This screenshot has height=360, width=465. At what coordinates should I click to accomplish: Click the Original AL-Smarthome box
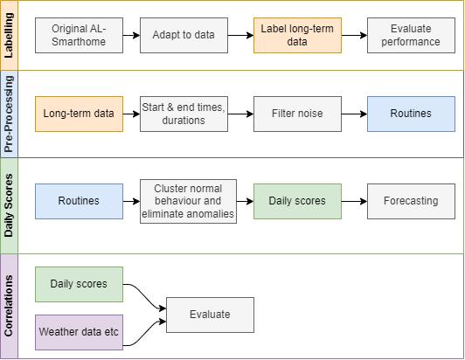[79, 35]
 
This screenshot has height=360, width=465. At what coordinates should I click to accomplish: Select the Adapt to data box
[184, 35]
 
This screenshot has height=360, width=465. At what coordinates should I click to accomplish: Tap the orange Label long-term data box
[297, 35]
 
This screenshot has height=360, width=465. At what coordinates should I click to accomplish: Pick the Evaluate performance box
[411, 35]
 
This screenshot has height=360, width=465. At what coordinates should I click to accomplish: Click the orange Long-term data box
[79, 114]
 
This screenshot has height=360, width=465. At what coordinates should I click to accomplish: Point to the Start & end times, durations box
[184, 114]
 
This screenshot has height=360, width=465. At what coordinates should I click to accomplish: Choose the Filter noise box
[297, 114]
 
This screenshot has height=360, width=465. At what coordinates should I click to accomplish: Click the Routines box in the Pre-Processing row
[411, 114]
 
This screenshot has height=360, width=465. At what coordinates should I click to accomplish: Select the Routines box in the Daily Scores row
[79, 201]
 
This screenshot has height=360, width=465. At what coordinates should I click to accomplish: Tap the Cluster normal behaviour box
[188, 201]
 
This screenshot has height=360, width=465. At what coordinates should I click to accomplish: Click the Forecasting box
[411, 201]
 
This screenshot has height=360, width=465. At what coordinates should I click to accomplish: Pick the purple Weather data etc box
[79, 332]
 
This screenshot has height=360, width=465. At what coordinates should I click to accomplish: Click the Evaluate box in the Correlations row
[210, 315]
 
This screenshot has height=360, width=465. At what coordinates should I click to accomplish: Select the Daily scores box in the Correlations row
[79, 284]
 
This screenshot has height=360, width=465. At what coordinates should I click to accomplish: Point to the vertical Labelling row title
[9, 35]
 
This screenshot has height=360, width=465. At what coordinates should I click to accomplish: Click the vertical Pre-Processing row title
[9, 114]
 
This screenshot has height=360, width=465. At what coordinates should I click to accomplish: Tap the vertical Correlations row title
[9, 306]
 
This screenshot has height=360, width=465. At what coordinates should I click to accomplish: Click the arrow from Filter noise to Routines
[354, 114]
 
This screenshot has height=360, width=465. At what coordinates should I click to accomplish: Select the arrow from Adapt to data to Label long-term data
[241, 35]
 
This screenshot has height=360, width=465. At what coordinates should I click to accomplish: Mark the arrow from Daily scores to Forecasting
[354, 201]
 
